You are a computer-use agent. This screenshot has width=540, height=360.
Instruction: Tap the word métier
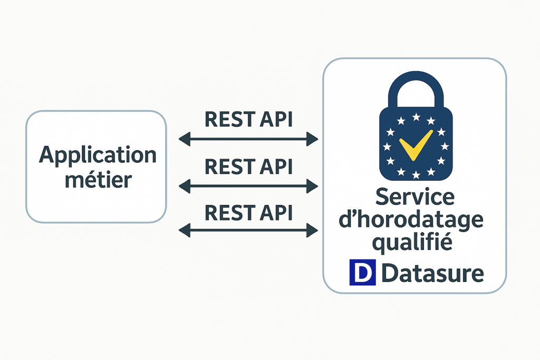99,179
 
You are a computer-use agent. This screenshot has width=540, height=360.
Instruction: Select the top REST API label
249,120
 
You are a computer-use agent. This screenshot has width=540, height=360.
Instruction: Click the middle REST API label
249,167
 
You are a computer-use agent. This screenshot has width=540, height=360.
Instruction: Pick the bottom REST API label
249,213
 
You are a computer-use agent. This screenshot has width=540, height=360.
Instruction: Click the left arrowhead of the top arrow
185,139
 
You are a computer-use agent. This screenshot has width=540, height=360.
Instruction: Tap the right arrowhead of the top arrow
312,139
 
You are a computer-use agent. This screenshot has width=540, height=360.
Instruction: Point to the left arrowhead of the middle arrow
185,186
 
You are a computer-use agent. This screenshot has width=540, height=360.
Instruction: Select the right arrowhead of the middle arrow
312,186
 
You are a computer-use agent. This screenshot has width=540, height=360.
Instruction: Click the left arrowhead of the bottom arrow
185,230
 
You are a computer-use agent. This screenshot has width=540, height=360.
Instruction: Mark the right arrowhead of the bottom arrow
312,230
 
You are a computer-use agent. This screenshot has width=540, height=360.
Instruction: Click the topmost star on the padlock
416,118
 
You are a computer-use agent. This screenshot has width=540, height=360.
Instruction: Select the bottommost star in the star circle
416,175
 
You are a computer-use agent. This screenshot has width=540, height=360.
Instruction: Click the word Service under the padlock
414,197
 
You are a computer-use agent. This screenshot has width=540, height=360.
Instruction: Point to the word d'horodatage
411,220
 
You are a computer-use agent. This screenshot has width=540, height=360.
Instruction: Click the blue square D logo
362,272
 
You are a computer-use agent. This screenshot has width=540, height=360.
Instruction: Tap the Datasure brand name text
432,273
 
